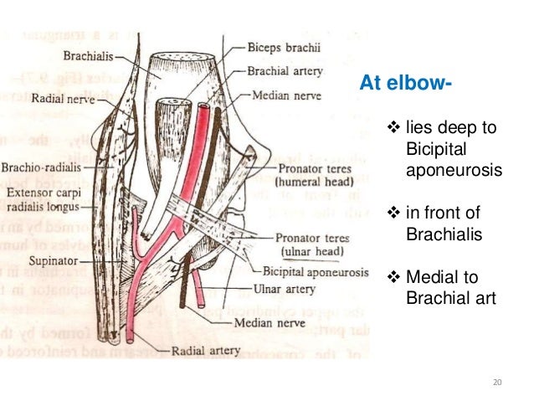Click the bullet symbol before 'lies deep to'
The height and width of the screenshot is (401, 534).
(x=395, y=128)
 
